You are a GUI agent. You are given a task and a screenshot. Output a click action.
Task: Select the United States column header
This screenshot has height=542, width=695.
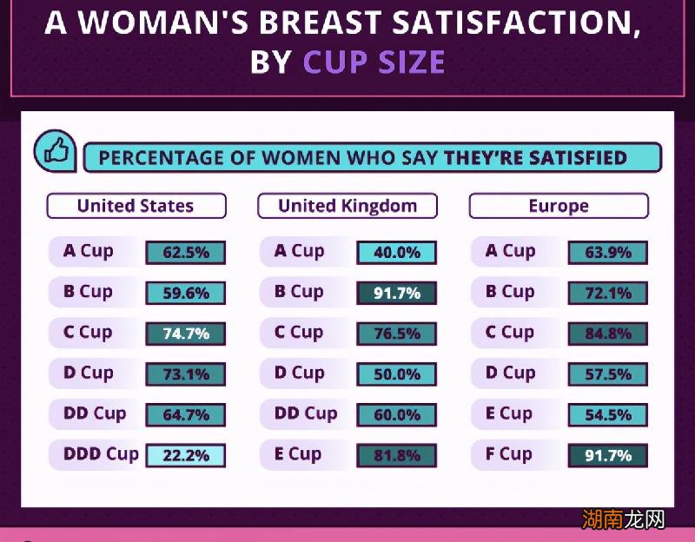[136, 206]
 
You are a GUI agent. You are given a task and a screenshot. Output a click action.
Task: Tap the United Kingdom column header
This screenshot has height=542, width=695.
[347, 206]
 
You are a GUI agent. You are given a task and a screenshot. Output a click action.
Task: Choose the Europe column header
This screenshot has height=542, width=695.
[559, 206]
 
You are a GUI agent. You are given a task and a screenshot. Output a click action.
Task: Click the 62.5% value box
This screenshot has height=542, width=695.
[185, 253]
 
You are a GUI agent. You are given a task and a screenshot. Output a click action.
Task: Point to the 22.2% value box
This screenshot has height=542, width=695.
[185, 455]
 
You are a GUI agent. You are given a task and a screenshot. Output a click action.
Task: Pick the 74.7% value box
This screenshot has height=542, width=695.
[185, 334]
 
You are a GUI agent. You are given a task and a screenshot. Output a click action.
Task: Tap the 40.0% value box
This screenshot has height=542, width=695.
[396, 253]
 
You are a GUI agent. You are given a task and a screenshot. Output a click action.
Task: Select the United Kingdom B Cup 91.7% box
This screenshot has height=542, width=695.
[396, 294]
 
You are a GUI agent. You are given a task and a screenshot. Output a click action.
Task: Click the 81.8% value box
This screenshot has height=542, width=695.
[396, 455]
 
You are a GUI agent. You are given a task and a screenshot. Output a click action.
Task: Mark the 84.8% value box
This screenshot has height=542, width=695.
[607, 334]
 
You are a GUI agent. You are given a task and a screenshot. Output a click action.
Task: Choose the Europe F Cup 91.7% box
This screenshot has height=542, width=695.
[607, 455]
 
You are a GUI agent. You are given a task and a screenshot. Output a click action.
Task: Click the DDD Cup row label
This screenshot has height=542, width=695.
[101, 453]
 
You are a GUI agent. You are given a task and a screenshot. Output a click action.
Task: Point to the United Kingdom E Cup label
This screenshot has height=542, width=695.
[298, 453]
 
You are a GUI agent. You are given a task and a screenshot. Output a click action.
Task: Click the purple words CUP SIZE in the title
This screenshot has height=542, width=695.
[374, 63]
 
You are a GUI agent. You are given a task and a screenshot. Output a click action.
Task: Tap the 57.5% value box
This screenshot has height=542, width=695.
[607, 374]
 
